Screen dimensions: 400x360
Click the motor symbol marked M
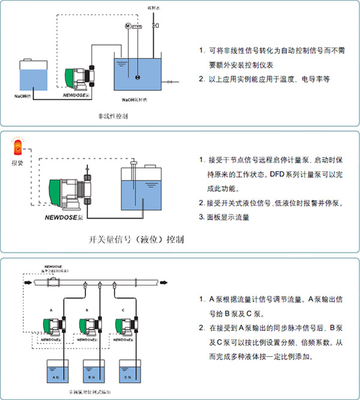(127, 26)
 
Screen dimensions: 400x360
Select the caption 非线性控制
(112, 114)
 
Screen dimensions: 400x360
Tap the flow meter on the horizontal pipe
(55, 280)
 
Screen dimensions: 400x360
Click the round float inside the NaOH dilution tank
(138, 77)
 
